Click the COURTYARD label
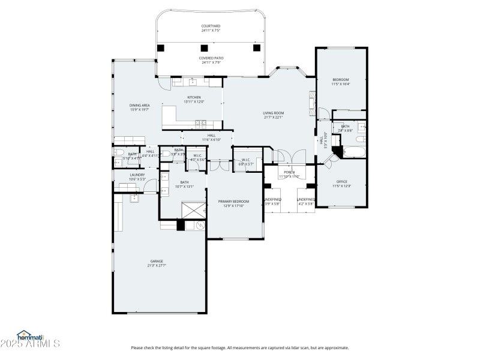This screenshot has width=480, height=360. pos(211,26)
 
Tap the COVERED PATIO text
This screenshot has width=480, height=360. pos(211,58)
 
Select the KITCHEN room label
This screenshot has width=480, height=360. pos(194,97)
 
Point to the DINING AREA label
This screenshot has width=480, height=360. pos(139,106)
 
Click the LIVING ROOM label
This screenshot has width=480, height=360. pos(273,113)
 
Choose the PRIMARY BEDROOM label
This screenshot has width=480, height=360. pos(233,202)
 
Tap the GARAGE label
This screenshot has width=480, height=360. pos(157,261)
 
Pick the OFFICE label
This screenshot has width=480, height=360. pos(341,181)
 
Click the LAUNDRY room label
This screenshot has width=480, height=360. pos(137,175)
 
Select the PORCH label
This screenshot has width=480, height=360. pos(289,172)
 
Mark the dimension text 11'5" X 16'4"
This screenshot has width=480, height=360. pos(340,85)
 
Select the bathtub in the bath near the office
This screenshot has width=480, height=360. pos(352,151)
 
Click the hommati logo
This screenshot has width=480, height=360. pos(30,337)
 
